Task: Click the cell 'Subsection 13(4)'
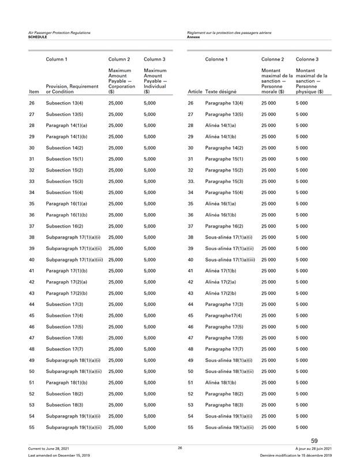point(65,103)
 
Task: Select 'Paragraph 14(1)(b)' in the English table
point(68,136)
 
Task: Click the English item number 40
point(32,259)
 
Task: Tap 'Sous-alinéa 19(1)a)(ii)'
point(230,427)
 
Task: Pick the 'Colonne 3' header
point(307,58)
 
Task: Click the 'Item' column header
point(33,91)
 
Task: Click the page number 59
point(314,442)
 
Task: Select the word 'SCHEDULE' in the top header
point(39,36)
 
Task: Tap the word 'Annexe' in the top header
point(194,36)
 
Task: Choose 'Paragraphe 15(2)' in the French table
point(226,170)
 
